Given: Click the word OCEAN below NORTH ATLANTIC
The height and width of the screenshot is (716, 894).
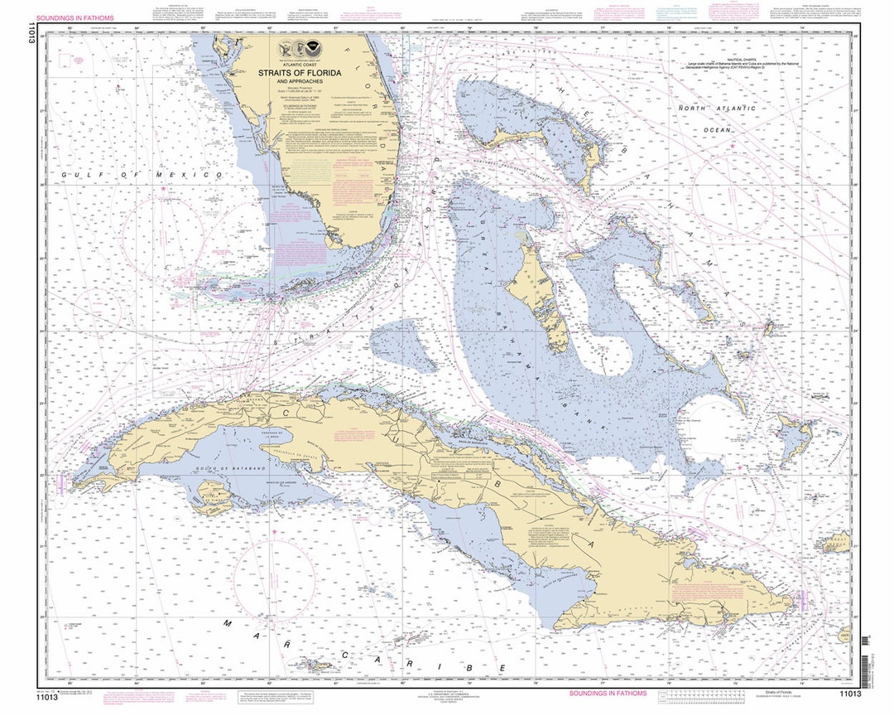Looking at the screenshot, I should click(716, 130).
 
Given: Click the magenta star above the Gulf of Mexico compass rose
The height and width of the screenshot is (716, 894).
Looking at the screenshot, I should click(162, 190).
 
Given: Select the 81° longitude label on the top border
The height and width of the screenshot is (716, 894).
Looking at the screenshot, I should click(336, 30).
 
